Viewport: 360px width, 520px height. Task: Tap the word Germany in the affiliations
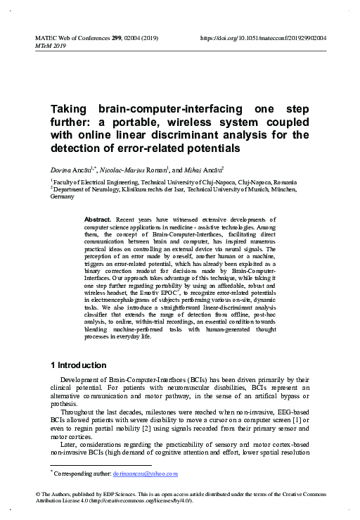(x=62, y=198)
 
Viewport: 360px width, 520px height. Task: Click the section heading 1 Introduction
(x=79, y=365)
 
